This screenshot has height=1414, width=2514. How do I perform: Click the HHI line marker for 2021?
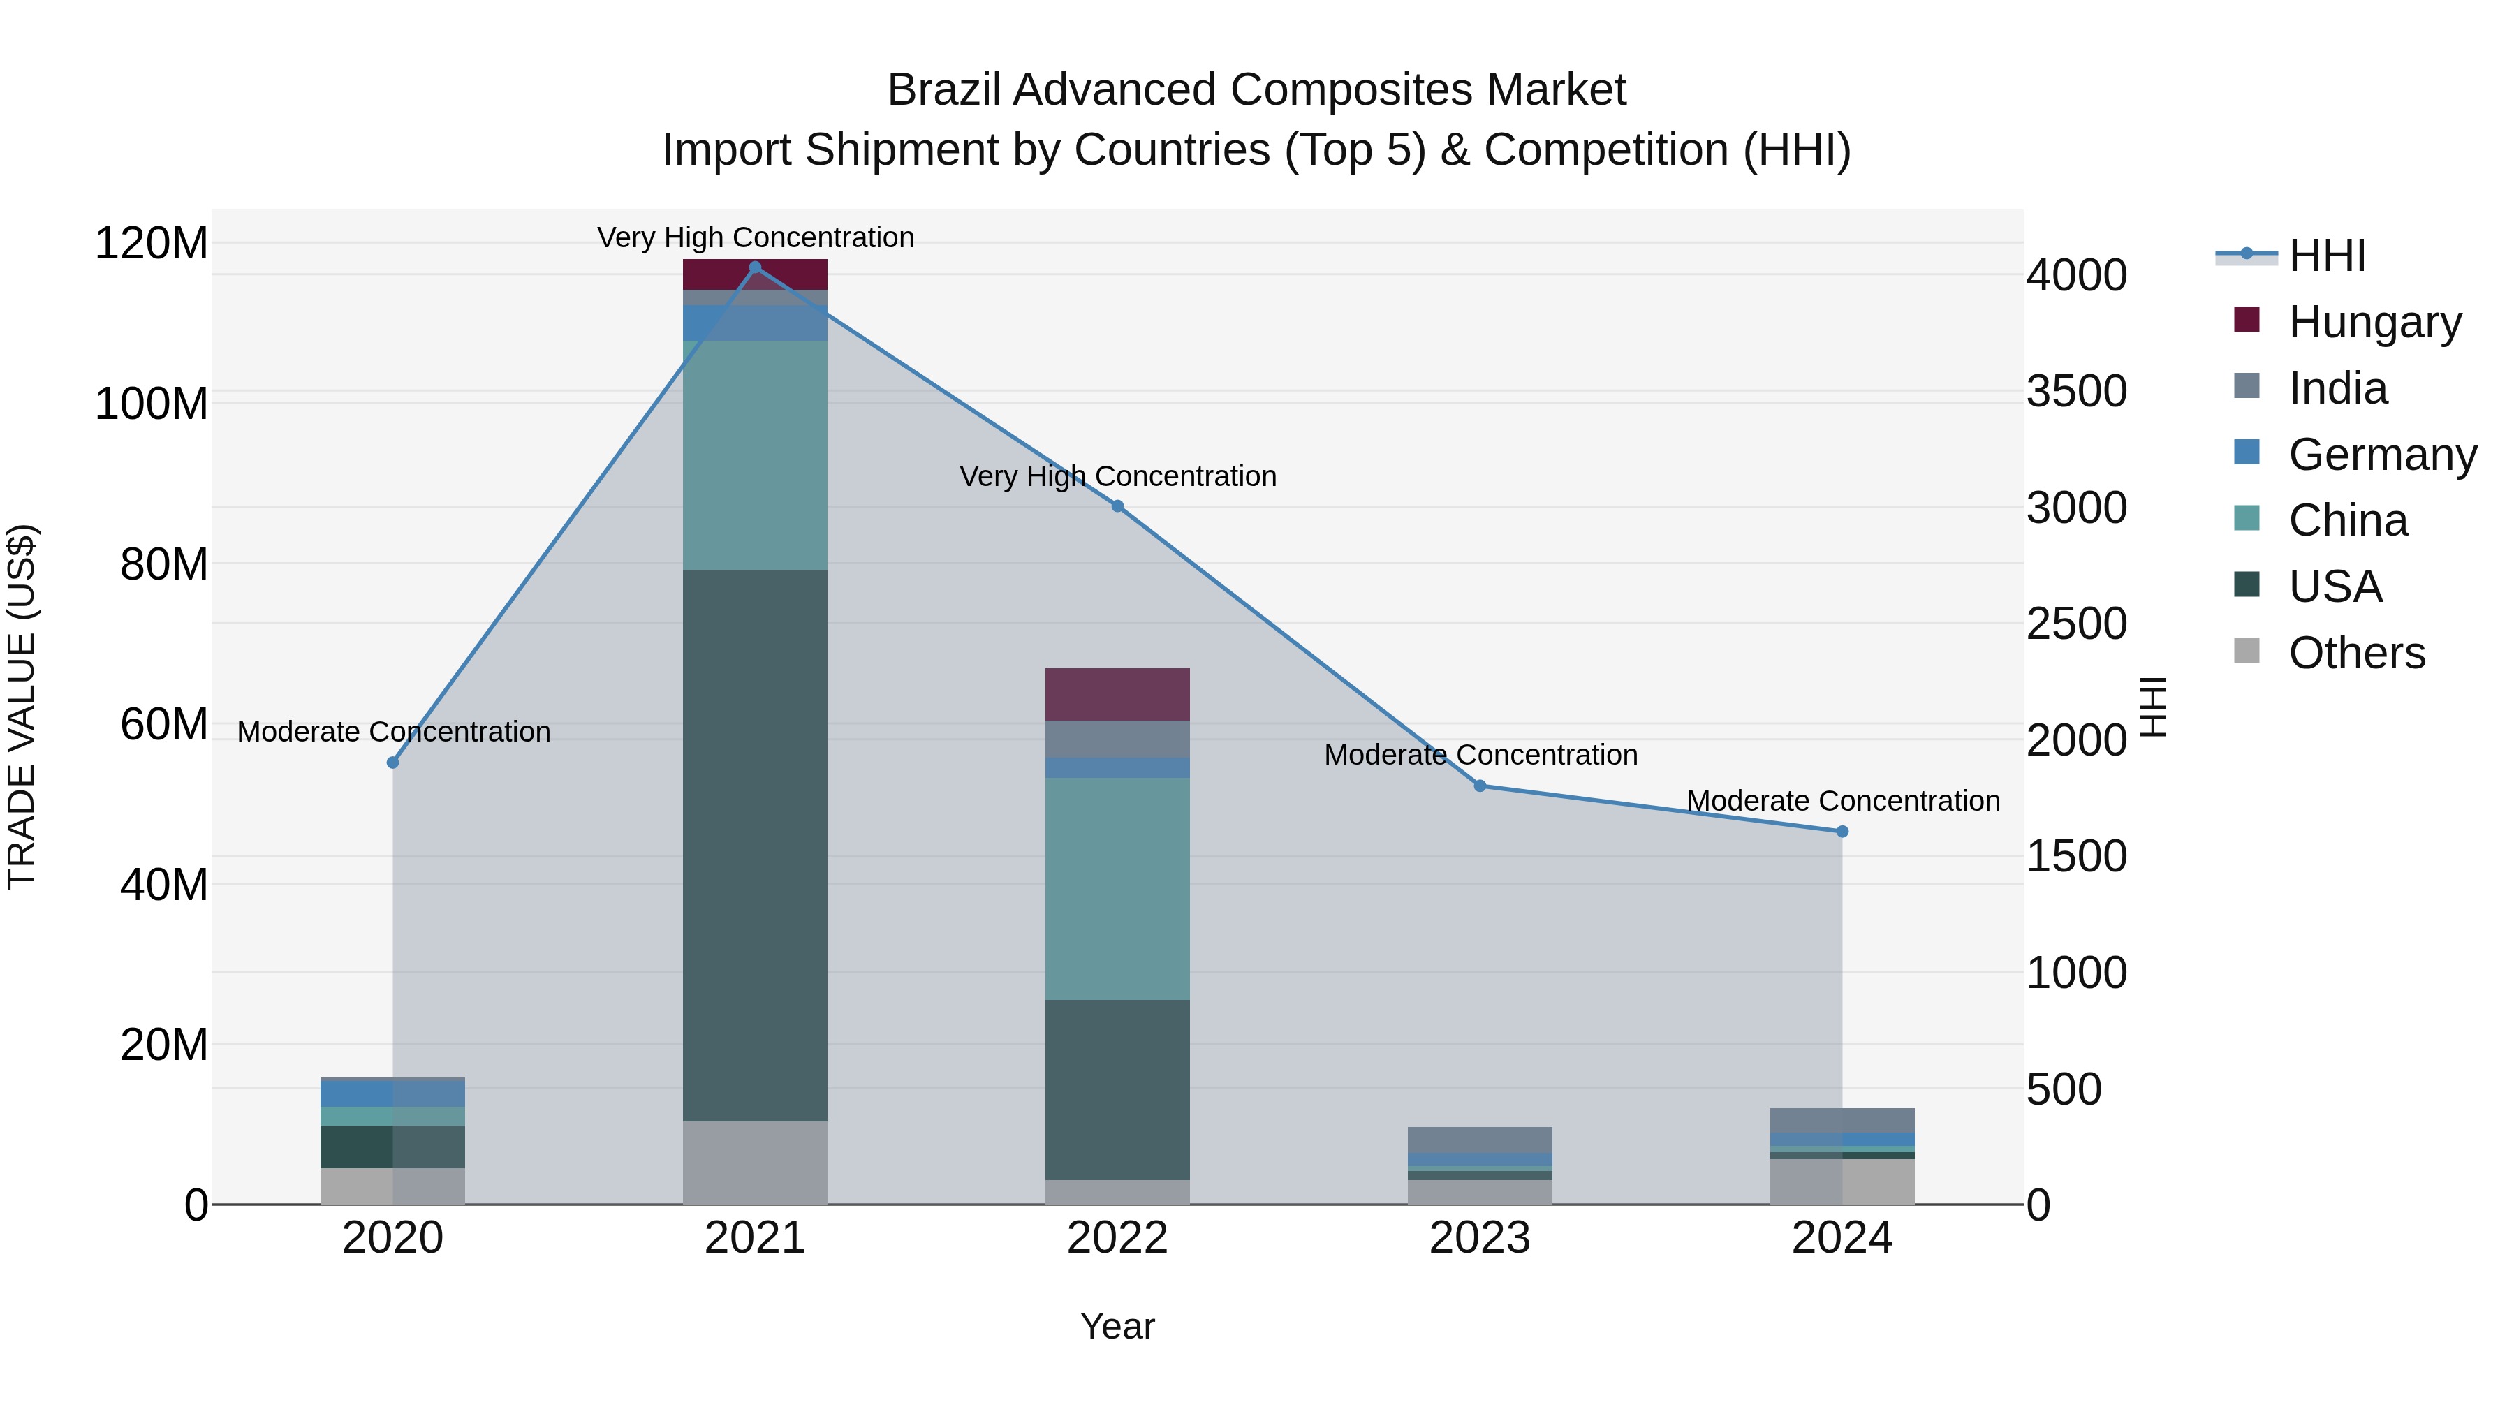tap(754, 267)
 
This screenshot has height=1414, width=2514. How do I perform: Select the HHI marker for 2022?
tap(1117, 506)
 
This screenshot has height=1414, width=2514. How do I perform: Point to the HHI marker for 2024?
tap(1842, 832)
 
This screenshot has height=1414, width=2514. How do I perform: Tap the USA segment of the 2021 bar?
tap(754, 844)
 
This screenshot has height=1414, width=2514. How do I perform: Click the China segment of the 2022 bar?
tap(1117, 888)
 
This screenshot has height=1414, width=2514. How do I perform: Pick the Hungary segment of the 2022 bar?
tap(1117, 694)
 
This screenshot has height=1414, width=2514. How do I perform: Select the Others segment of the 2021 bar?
tap(754, 1162)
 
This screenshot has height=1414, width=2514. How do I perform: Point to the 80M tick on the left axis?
tap(164, 565)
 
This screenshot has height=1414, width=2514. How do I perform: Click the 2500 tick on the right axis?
tap(2076, 624)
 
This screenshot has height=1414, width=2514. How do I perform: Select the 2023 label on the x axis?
tap(1480, 1238)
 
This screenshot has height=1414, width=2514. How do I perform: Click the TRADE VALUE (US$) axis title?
tap(22, 707)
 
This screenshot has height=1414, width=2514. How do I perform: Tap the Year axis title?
tap(1117, 1326)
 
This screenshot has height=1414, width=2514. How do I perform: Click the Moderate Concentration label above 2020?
tap(393, 731)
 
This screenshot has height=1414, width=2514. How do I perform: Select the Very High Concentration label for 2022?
tap(1117, 476)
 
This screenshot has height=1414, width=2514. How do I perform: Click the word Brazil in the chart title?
tap(943, 90)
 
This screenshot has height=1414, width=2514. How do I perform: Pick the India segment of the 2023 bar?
tap(1480, 1139)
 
